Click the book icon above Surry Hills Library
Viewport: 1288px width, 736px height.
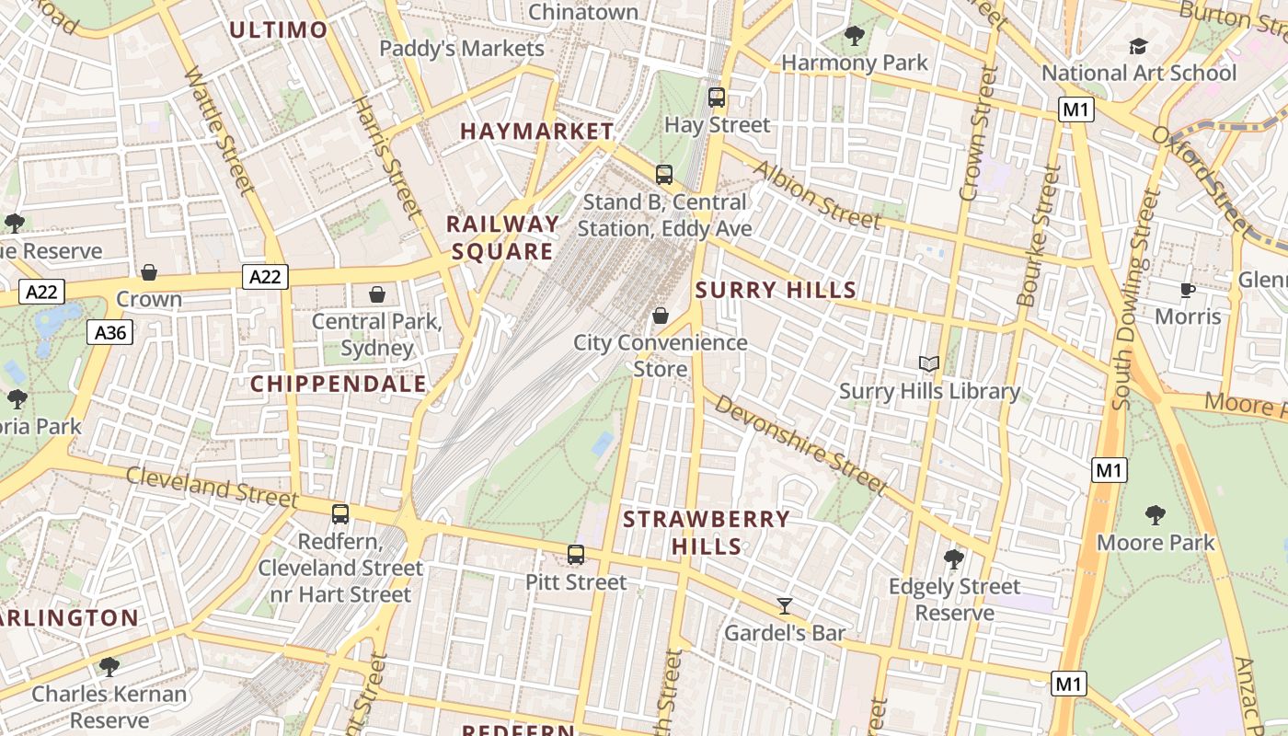click(x=929, y=364)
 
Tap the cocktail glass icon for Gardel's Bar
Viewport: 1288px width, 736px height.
click(x=784, y=605)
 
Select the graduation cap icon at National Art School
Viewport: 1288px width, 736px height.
click(x=1138, y=46)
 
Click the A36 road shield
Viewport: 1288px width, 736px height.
click(x=110, y=332)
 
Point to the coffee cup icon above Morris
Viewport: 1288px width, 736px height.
click(x=1188, y=290)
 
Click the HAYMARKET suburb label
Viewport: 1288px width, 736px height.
click(x=536, y=132)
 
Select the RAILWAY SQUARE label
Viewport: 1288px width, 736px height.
click(x=502, y=237)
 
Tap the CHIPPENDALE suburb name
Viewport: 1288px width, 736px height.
click(x=339, y=384)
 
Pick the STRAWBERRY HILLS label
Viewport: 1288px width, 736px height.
click(x=707, y=532)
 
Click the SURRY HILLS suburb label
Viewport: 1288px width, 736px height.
click(x=776, y=291)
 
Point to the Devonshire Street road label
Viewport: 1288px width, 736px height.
click(x=799, y=444)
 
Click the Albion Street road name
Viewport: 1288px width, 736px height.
click(x=816, y=194)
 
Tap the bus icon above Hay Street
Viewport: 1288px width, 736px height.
click(x=717, y=97)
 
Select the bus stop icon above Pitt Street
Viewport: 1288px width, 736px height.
click(x=576, y=555)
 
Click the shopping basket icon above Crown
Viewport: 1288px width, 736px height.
click(x=148, y=272)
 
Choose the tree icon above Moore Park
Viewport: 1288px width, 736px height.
click(x=1156, y=515)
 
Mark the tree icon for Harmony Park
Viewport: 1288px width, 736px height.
click(x=854, y=36)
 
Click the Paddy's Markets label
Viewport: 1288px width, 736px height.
click(x=462, y=48)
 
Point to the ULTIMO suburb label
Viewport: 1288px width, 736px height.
click(x=278, y=29)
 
